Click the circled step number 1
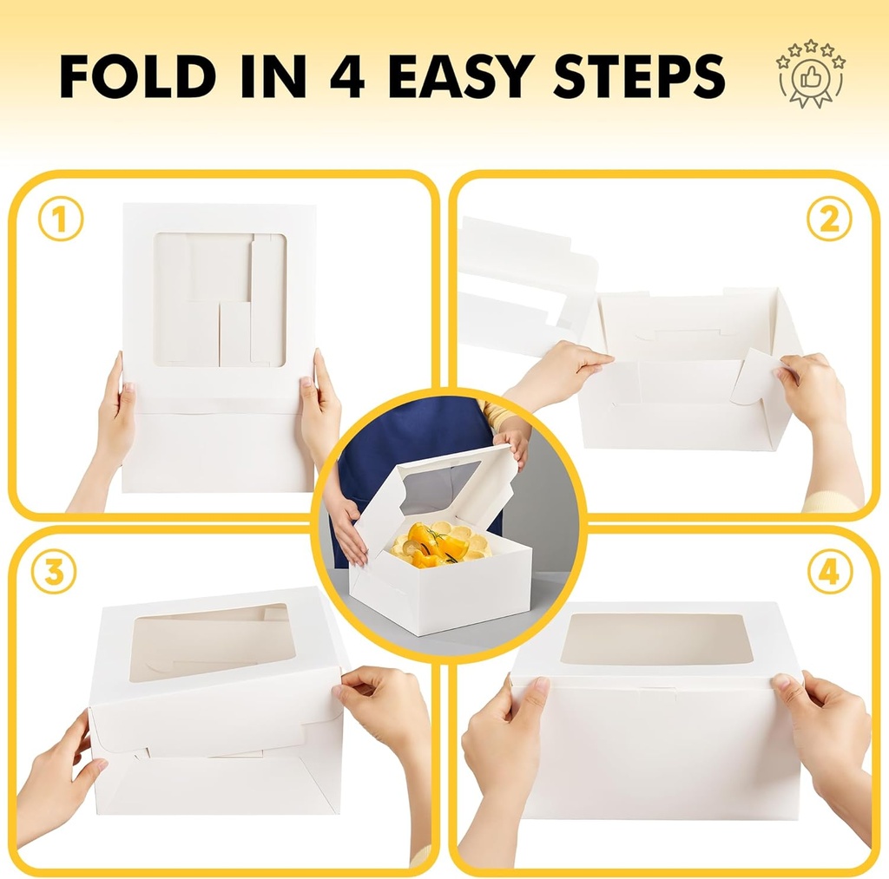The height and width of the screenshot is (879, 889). pos(60,220)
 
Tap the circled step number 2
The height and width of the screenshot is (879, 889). pos(828,220)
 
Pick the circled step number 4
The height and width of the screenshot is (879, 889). pos(829,573)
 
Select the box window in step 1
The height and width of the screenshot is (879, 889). pos(220,298)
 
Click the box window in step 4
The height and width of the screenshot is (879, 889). pos(655,639)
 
